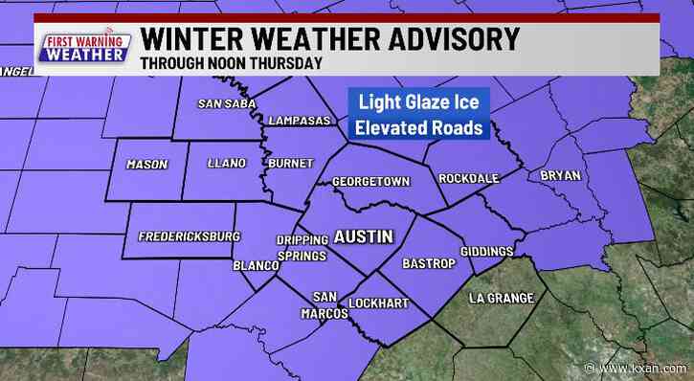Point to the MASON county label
click(146, 165)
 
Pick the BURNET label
click(291, 165)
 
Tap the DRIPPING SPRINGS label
click(302, 248)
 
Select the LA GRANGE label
click(501, 299)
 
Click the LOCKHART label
click(381, 303)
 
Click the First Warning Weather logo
click(84, 47)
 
